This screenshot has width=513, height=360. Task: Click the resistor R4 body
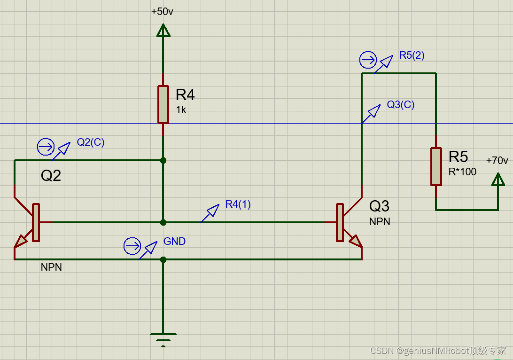click(163, 104)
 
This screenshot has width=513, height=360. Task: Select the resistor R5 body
click(436, 166)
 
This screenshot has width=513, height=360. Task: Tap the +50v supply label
click(162, 12)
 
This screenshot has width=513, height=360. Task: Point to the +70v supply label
click(497, 161)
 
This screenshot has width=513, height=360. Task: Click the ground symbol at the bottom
click(163, 337)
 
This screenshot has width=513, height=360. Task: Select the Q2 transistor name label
click(51, 176)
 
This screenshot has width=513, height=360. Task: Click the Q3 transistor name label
click(379, 206)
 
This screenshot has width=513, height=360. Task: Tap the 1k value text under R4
click(181, 110)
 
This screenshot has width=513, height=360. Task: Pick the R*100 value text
click(462, 172)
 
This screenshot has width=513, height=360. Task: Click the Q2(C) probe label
click(91, 142)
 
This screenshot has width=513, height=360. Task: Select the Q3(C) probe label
click(400, 104)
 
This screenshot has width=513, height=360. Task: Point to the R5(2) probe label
click(412, 55)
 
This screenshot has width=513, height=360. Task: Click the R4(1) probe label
click(238, 204)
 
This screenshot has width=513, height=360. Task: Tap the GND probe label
click(174, 242)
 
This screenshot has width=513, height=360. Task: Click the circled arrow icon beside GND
click(132, 246)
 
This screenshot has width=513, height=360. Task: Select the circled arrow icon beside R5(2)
click(368, 60)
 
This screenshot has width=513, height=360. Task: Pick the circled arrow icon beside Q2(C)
click(46, 147)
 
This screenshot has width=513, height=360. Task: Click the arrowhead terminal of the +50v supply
click(163, 31)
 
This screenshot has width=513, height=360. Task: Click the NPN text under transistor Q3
click(380, 221)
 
